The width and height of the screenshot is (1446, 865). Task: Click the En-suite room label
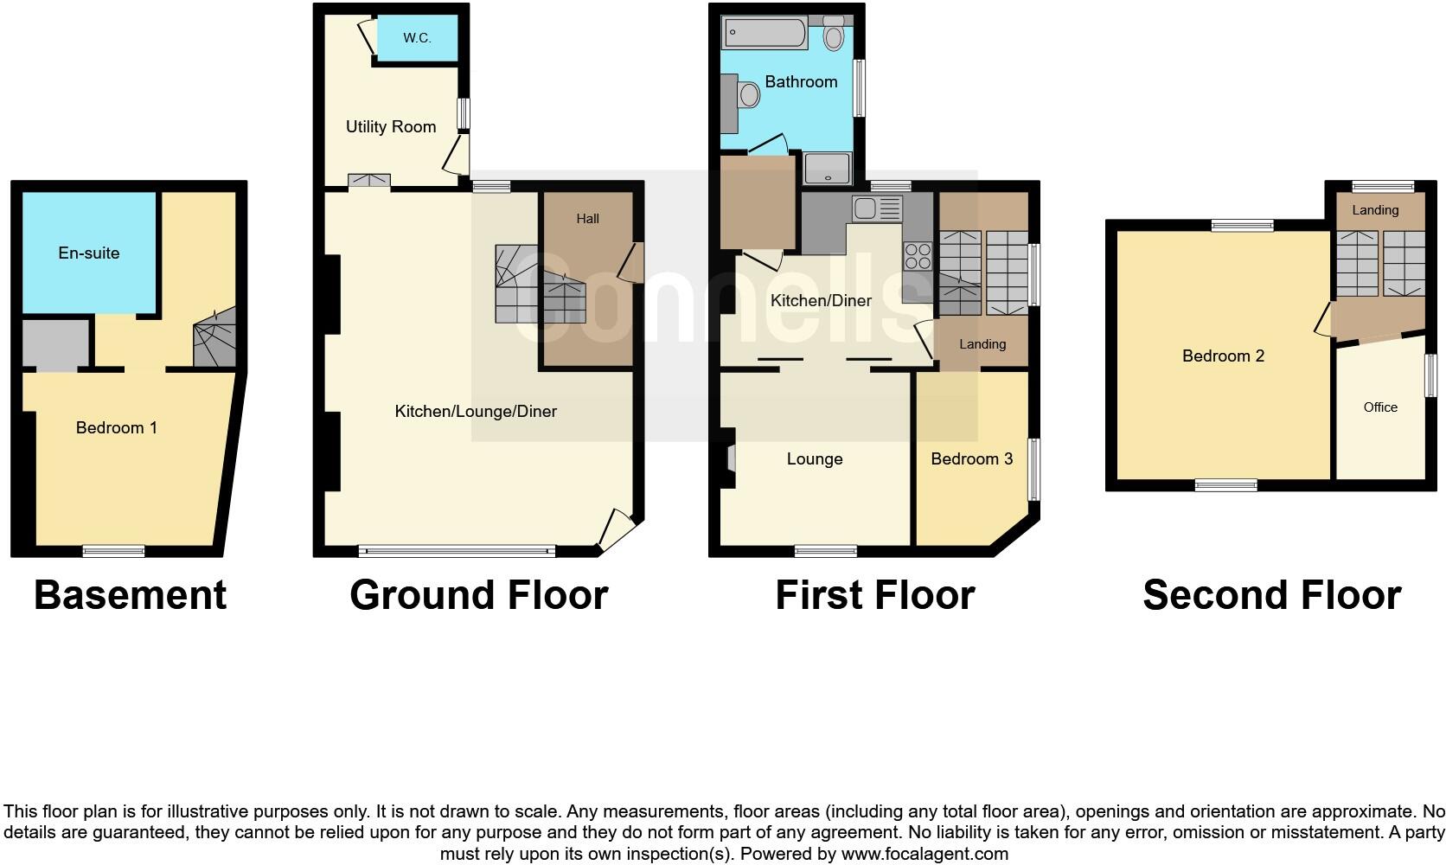(x=88, y=253)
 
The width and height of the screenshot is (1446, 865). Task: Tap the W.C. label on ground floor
(x=417, y=38)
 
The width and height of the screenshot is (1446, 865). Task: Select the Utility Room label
(x=390, y=126)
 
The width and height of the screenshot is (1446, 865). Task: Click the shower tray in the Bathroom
(x=828, y=169)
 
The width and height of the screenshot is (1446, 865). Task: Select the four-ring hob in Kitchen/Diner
(x=918, y=256)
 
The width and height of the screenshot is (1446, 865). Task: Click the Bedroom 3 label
(x=971, y=458)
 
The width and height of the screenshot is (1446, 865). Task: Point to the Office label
(x=1380, y=407)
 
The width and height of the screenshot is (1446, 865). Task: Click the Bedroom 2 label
(x=1223, y=356)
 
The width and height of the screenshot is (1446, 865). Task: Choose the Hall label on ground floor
(x=587, y=219)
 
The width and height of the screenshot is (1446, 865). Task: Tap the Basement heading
(x=130, y=595)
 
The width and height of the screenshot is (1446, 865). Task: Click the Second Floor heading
(x=1271, y=595)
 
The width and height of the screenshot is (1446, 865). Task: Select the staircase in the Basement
(x=214, y=337)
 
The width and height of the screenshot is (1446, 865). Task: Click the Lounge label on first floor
(x=814, y=458)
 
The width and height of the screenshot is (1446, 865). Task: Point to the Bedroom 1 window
(x=113, y=550)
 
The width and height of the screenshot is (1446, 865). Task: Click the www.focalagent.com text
(x=925, y=854)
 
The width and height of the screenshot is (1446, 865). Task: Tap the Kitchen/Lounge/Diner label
(x=476, y=411)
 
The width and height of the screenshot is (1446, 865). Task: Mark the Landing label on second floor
(x=1375, y=210)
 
